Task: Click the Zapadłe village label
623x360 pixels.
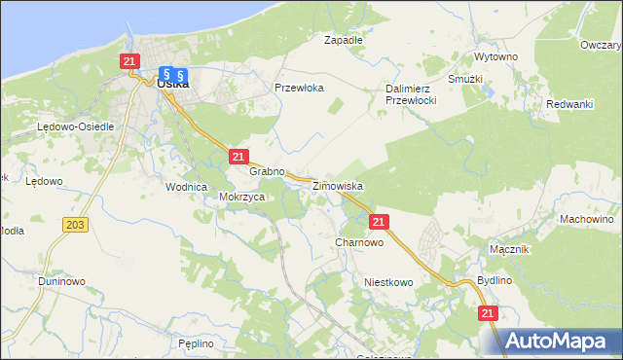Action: pyautogui.click(x=343, y=41)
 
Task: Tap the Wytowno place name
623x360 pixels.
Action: pyautogui.click(x=495, y=57)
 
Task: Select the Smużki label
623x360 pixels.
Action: pyautogui.click(x=466, y=78)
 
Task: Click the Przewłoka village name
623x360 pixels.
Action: pyautogui.click(x=299, y=87)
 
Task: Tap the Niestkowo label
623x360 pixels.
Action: pyautogui.click(x=388, y=282)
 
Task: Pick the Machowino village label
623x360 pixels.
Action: pyautogui.click(x=585, y=219)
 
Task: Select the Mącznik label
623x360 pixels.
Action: pyautogui.click(x=509, y=249)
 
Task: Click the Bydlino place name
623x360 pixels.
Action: pyautogui.click(x=495, y=280)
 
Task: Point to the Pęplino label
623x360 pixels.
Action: pyautogui.click(x=196, y=343)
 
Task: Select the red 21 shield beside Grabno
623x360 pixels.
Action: pyautogui.click(x=238, y=156)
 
